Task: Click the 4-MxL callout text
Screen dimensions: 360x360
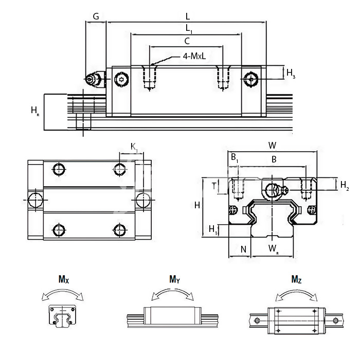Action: point(194,57)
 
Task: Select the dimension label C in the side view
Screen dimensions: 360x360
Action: point(187,40)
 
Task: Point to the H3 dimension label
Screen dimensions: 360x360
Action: point(291,73)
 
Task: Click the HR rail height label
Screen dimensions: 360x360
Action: point(34,111)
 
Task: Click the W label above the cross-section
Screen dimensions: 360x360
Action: point(272,146)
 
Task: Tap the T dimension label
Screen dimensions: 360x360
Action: point(214,186)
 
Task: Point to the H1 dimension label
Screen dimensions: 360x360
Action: point(212,229)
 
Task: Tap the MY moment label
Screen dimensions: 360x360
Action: point(175,279)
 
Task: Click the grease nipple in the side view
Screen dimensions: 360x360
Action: point(94,79)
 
